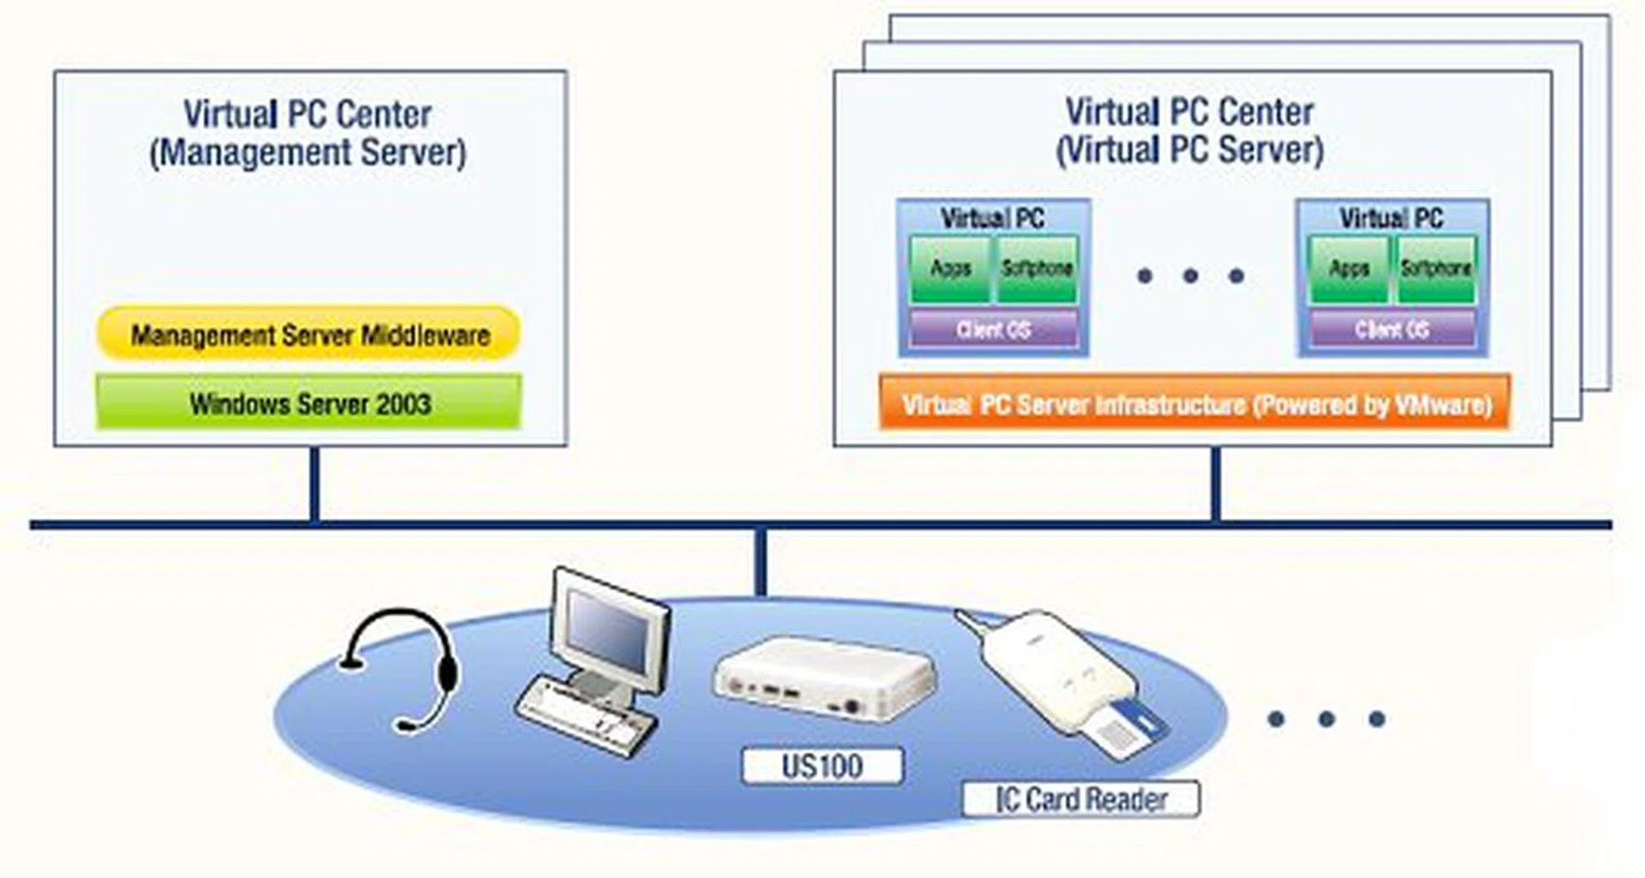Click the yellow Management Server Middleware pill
pos(308,334)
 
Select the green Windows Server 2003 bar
pos(308,402)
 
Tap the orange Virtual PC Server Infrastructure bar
pos(1194,404)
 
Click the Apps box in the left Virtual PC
pos(950,269)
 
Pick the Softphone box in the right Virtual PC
pos(1436,269)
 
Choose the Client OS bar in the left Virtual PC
pos(993,329)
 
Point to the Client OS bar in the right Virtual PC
pos(1392,329)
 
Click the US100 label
pos(822,766)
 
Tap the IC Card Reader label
pos(1080,799)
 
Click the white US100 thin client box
pos(822,677)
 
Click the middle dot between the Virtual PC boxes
pos(1190,276)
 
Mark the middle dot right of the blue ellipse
pos(1326,719)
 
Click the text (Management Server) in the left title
pos(308,153)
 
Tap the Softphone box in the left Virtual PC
pos(1037,269)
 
